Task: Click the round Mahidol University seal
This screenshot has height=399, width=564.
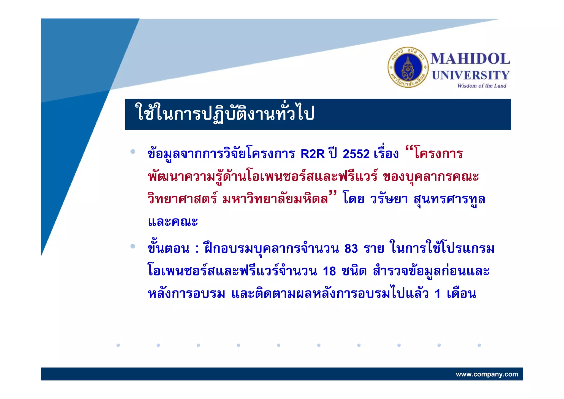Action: pyautogui.click(x=408, y=67)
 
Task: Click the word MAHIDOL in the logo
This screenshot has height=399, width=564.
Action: pyautogui.click(x=470, y=59)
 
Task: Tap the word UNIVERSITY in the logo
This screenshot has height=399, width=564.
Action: pyautogui.click(x=471, y=75)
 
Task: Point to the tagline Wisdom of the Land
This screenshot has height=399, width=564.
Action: pyautogui.click(x=482, y=86)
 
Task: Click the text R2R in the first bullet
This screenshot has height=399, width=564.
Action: pyautogui.click(x=313, y=154)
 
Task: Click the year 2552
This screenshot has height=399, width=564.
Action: pyautogui.click(x=356, y=154)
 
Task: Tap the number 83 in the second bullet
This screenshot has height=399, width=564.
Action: pyautogui.click(x=351, y=249)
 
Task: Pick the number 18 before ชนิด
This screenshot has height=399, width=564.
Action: pyautogui.click(x=329, y=271)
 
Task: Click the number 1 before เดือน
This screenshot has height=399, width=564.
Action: pyautogui.click(x=438, y=294)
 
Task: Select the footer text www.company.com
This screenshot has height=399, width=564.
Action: pyautogui.click(x=487, y=374)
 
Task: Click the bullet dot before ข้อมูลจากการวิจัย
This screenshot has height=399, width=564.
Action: pyautogui.click(x=133, y=151)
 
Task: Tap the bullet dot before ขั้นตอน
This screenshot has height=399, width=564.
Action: pyautogui.click(x=133, y=246)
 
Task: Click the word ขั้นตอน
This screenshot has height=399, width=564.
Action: pyautogui.click(x=168, y=249)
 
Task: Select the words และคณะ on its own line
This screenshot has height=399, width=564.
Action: pyautogui.click(x=173, y=222)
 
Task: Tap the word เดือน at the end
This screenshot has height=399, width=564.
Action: pyautogui.click(x=461, y=294)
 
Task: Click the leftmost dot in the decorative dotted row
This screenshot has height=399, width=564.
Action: pyautogui.click(x=118, y=345)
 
